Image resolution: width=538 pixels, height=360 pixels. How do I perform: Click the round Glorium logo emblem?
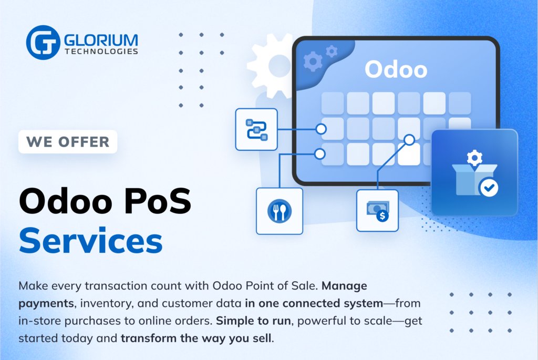(x=43, y=43)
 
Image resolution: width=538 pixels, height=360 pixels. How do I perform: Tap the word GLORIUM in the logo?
(x=101, y=39)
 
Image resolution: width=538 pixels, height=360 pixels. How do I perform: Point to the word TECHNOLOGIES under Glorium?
(x=101, y=52)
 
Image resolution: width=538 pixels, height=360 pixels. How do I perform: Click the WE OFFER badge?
(x=68, y=142)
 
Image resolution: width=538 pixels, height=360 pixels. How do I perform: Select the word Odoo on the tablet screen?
(x=396, y=69)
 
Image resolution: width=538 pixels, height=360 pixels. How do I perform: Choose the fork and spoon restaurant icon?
(x=279, y=211)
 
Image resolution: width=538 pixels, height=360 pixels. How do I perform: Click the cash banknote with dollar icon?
(x=377, y=211)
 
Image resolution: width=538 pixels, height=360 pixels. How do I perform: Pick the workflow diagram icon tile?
(x=256, y=129)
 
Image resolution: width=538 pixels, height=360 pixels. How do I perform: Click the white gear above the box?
(x=474, y=158)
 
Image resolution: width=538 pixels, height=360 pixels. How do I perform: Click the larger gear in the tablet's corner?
(x=313, y=62)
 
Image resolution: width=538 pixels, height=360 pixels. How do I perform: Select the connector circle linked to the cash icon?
(x=409, y=140)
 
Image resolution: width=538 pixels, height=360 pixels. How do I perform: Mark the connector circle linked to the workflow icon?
(x=321, y=129)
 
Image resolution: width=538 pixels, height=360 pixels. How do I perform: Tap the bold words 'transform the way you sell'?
(x=196, y=337)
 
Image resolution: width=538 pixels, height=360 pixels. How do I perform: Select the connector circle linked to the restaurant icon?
(x=319, y=154)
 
